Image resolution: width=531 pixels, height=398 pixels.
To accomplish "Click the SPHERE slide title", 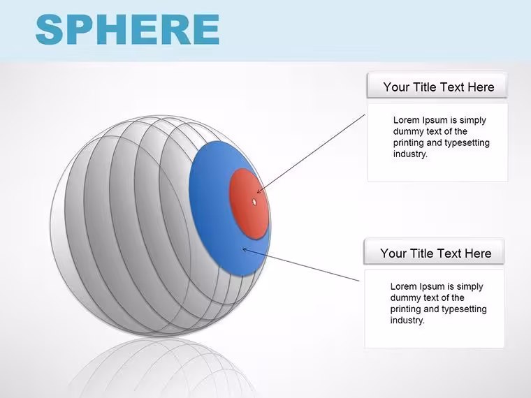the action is tap(127, 29).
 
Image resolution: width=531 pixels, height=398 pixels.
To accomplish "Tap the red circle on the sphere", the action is tap(249, 204).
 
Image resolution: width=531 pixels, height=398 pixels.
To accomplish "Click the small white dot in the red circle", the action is tap(254, 202).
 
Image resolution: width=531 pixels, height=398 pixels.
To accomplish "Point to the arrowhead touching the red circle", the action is tap(259, 191).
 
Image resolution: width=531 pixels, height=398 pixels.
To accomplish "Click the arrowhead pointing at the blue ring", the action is tap(245, 250).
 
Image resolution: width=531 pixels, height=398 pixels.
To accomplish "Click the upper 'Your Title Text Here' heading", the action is tap(439, 87).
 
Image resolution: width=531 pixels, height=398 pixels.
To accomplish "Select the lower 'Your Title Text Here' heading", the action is tap(435, 253).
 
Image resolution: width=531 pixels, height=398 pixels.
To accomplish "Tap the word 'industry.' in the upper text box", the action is tap(410, 154).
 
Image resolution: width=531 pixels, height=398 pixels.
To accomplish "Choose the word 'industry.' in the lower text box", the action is tap(407, 320).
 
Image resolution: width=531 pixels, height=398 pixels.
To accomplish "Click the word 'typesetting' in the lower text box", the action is tap(464, 309).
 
